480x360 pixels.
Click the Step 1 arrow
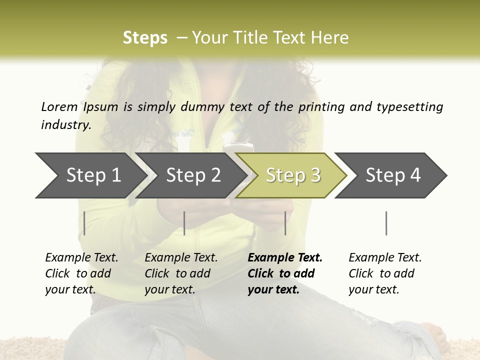(x=90, y=175)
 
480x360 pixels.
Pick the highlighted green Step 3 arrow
(x=292, y=175)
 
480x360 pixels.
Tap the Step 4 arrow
(x=392, y=175)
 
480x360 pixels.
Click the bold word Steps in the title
(x=145, y=38)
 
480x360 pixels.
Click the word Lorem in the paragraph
(x=59, y=106)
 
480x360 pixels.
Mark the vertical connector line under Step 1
(x=84, y=223)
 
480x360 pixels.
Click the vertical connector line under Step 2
(x=184, y=223)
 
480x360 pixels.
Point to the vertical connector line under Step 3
(x=285, y=223)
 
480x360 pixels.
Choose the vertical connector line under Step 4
(x=386, y=223)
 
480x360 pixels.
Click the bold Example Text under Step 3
(x=285, y=258)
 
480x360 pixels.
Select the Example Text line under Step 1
(x=81, y=258)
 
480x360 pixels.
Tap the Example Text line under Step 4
(x=385, y=258)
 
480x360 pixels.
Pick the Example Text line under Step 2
(x=181, y=258)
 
